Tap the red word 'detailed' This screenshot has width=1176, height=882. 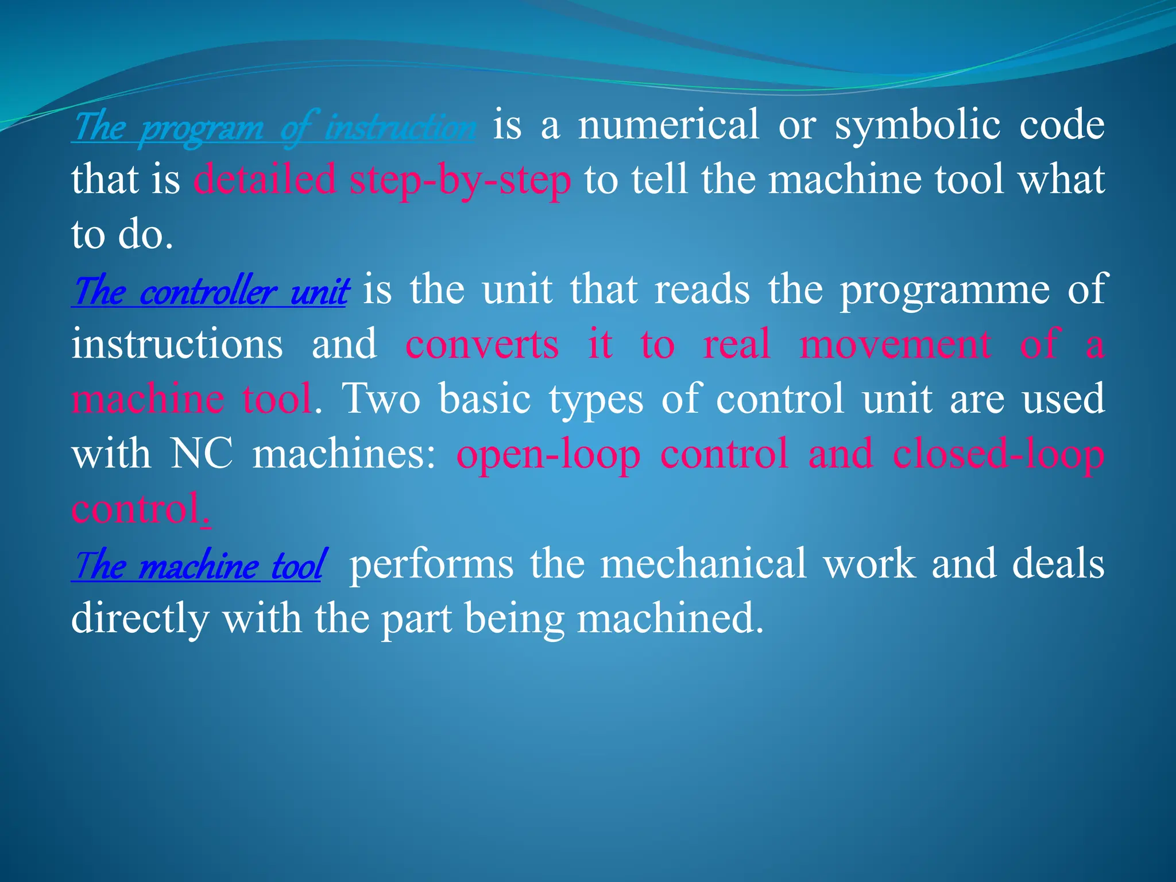265,180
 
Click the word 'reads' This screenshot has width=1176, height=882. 702,289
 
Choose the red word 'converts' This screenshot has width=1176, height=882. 482,345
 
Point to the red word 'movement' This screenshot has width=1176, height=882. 895,345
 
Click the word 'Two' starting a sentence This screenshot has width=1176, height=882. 381,399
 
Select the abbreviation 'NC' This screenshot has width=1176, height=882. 202,454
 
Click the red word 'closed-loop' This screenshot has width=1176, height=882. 999,454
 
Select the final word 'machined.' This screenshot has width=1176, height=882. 670,619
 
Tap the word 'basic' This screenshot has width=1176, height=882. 485,399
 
